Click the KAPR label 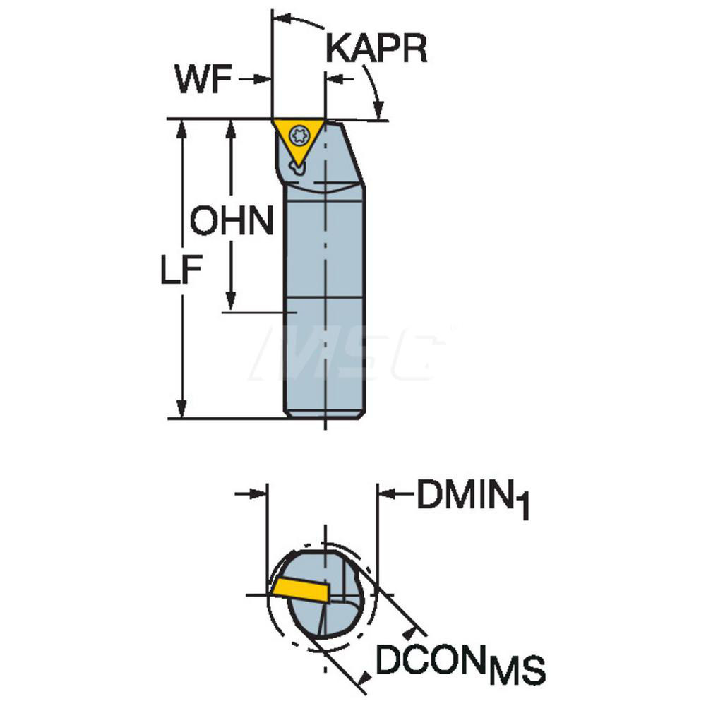coord(376,49)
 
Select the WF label coord(203,79)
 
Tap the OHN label coord(232,220)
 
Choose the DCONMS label coord(460,663)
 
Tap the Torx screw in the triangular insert coord(299,134)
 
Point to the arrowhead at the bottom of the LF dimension coord(182,408)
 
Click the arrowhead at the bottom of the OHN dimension coord(231,301)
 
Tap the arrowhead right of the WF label coord(262,80)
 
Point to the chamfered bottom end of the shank coord(324,414)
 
